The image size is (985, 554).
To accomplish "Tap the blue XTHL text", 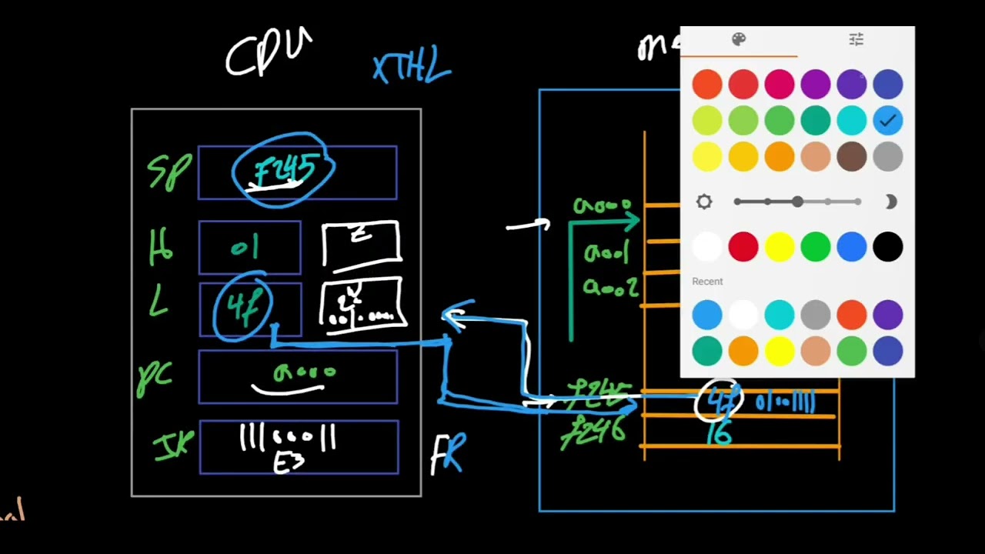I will coord(412,68).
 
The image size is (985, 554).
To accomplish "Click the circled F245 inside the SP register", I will coord(283,172).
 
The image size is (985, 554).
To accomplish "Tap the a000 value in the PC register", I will coord(304,373).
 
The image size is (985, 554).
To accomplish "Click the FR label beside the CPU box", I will coord(448,454).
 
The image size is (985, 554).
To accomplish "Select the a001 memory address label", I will coord(606,252).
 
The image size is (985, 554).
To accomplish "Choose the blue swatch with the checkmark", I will coord(887,121).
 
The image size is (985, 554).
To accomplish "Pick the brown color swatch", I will coord(851,157).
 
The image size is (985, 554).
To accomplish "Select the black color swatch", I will coord(887,247).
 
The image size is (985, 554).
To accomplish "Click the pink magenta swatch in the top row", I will coord(779,85).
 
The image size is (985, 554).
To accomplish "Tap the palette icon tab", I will coord(739,40).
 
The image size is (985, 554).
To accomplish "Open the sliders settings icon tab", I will coord(856,40).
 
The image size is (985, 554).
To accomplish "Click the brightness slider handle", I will coord(797,202).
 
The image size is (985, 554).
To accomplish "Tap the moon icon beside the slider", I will coord(890,202).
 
